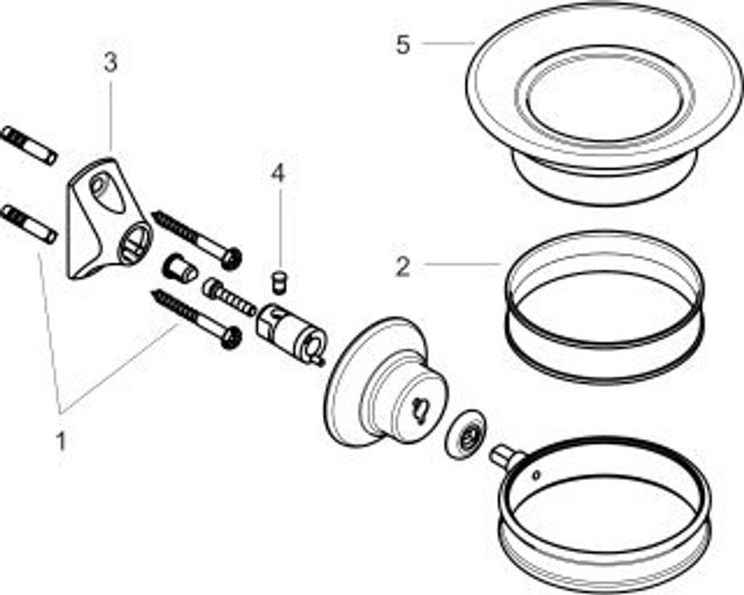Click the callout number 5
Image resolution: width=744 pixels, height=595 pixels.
click(x=403, y=45)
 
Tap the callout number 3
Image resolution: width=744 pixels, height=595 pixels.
click(x=110, y=63)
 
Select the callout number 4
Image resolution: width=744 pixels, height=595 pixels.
click(x=278, y=174)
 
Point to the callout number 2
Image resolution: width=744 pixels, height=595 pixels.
click(x=403, y=267)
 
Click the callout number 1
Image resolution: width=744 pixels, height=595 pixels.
click(x=62, y=440)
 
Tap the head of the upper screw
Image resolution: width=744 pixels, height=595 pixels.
click(x=232, y=257)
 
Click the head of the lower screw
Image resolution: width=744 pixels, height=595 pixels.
click(x=230, y=336)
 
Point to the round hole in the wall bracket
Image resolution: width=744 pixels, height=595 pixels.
click(x=137, y=242)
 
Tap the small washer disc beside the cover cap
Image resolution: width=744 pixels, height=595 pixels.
click(x=466, y=434)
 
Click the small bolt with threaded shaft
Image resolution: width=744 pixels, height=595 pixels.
click(x=230, y=298)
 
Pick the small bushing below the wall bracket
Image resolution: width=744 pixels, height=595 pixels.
click(x=179, y=269)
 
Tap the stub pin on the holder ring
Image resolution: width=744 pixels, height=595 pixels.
click(x=506, y=456)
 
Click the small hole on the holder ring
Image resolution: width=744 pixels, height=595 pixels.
click(x=535, y=476)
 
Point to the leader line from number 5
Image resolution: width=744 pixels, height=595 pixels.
click(x=446, y=44)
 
